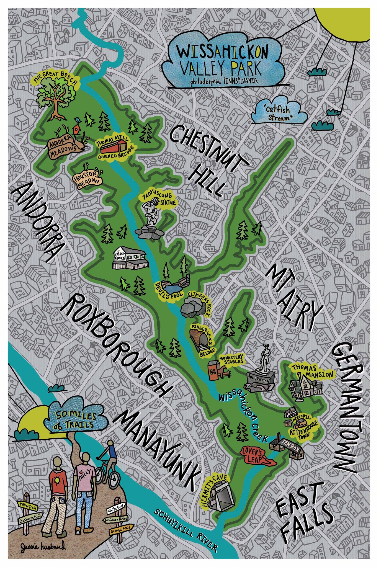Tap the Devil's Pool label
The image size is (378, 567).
(169, 295)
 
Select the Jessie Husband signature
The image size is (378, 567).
(43, 547)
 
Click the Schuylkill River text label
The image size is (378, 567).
(186, 529)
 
